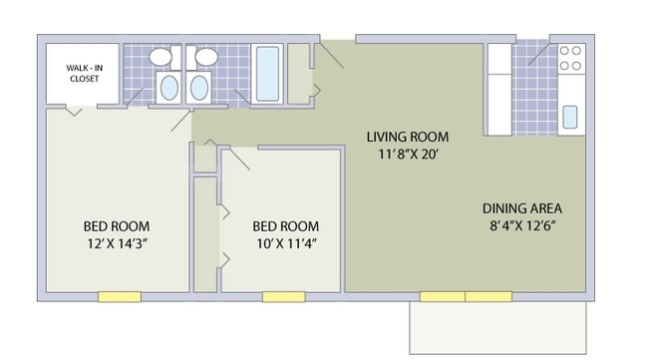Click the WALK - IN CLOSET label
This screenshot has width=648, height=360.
click(x=83, y=73)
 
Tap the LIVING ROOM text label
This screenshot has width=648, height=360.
click(x=407, y=137)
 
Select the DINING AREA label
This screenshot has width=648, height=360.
click(x=522, y=208)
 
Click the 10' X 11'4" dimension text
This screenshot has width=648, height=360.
click(x=285, y=243)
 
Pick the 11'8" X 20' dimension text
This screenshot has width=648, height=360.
click(x=407, y=155)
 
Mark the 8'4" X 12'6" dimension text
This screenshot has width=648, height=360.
click(x=522, y=225)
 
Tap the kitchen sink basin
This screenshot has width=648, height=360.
click(x=569, y=117)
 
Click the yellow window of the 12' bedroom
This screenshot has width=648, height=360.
click(x=119, y=296)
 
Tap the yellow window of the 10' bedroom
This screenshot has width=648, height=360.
click(x=283, y=296)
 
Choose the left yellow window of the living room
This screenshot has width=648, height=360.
click(x=442, y=296)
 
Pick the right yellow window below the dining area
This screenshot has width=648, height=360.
click(x=488, y=296)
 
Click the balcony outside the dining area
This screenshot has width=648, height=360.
click(x=496, y=326)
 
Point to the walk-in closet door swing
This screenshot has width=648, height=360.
click(x=73, y=111)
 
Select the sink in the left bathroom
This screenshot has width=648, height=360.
click(x=168, y=87)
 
